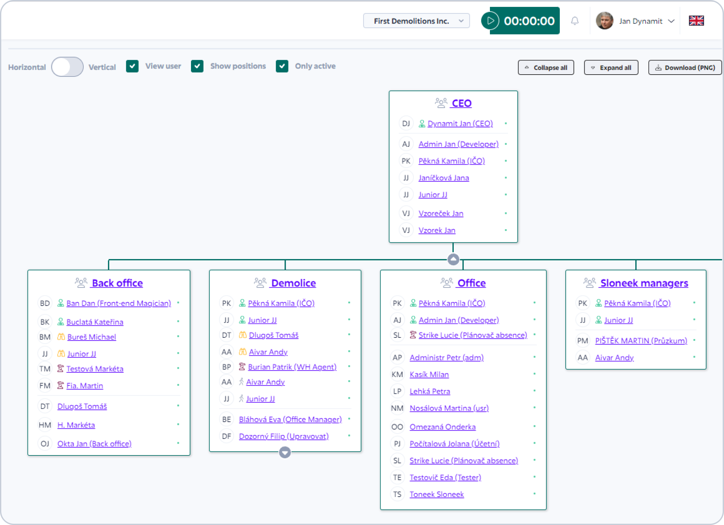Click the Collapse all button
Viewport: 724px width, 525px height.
pos(546,67)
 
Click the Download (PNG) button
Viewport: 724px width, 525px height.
pos(685,67)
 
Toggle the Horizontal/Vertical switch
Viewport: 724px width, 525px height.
pos(67,67)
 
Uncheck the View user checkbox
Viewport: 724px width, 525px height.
pos(132,66)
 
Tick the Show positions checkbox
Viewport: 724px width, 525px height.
pos(197,66)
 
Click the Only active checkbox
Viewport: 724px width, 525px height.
pos(282,66)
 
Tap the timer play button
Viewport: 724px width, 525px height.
pos(490,21)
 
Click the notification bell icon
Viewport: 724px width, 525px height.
pos(575,21)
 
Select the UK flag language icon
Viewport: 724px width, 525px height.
pos(696,21)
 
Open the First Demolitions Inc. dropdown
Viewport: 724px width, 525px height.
pos(416,21)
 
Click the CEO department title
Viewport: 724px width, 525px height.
pos(461,103)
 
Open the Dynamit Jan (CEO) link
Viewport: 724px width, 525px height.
pos(460,124)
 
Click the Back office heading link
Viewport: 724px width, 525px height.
pos(117,283)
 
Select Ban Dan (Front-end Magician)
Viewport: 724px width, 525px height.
pos(119,303)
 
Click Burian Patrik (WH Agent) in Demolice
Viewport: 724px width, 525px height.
pos(292,367)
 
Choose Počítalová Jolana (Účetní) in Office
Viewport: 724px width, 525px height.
pos(455,443)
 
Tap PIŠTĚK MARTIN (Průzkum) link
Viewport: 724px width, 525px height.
pos(641,341)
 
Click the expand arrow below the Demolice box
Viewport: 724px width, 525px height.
pos(285,452)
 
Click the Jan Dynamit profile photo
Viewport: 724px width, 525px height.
pos(605,21)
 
